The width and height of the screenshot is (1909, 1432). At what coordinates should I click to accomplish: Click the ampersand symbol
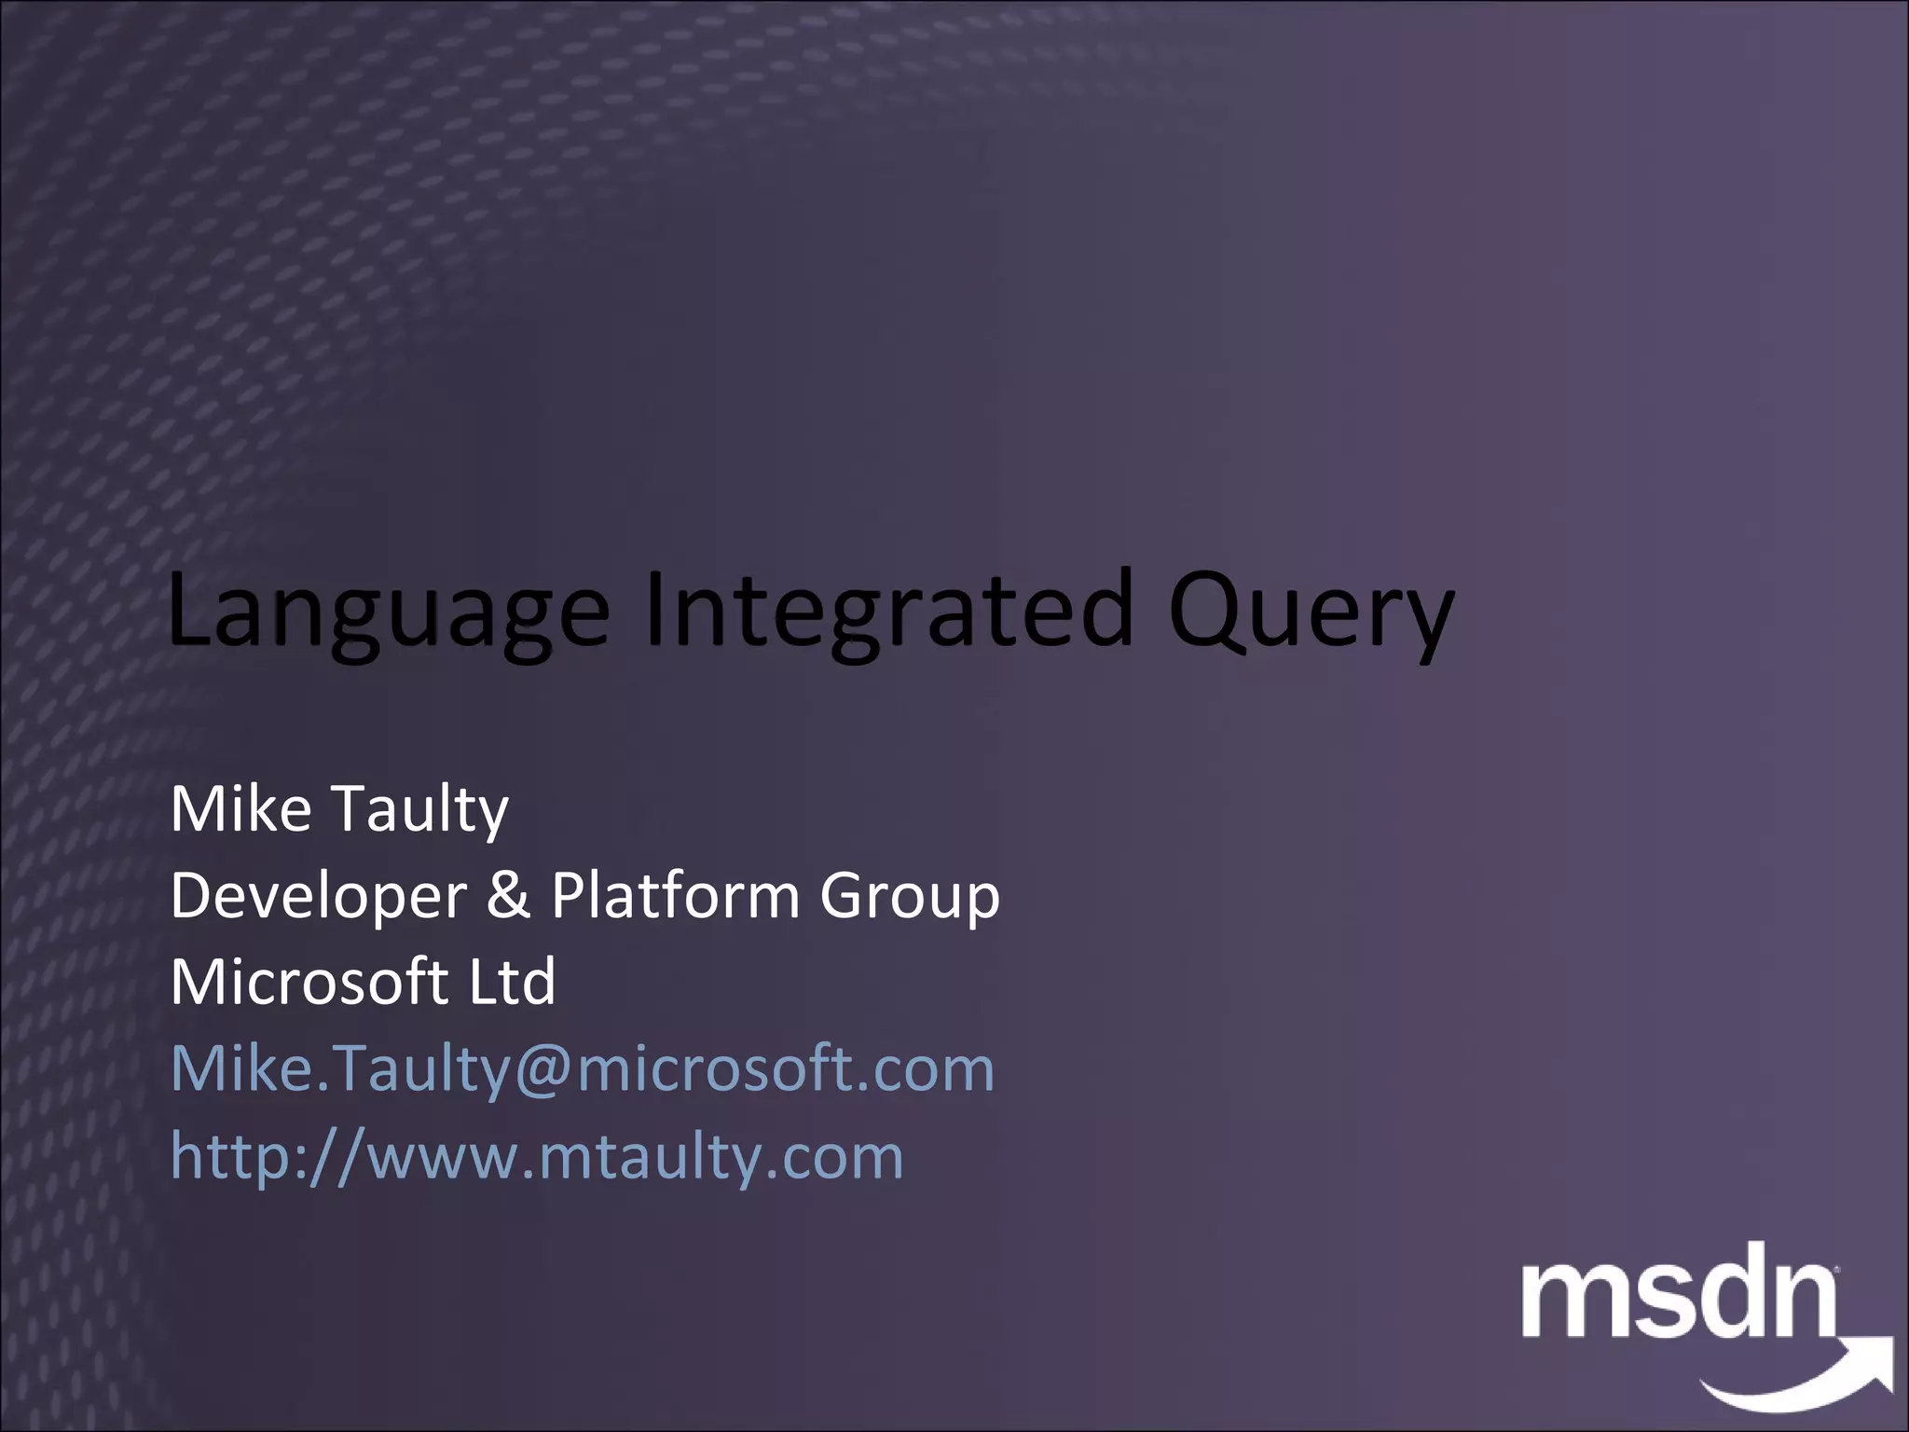pyautogui.click(x=508, y=895)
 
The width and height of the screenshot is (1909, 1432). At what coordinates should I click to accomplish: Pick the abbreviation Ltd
pyautogui.click(x=512, y=982)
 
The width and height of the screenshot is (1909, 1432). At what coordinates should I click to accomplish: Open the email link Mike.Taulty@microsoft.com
pyautogui.click(x=583, y=1068)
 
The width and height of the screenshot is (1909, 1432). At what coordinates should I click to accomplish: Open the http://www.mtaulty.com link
pyautogui.click(x=537, y=1156)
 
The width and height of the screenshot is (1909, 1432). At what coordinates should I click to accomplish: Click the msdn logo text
pyautogui.click(x=1678, y=1300)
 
